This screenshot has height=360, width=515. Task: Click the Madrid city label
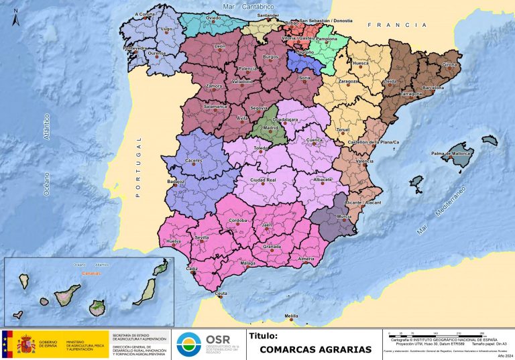point(271,128)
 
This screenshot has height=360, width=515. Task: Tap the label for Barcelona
point(433,88)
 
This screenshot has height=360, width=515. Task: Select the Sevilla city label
point(202,238)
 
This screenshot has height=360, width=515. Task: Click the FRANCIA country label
point(397,25)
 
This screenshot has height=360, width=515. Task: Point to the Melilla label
point(291,316)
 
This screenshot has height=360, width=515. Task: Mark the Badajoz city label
point(176,182)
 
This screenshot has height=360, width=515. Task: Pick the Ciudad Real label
point(264,180)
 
